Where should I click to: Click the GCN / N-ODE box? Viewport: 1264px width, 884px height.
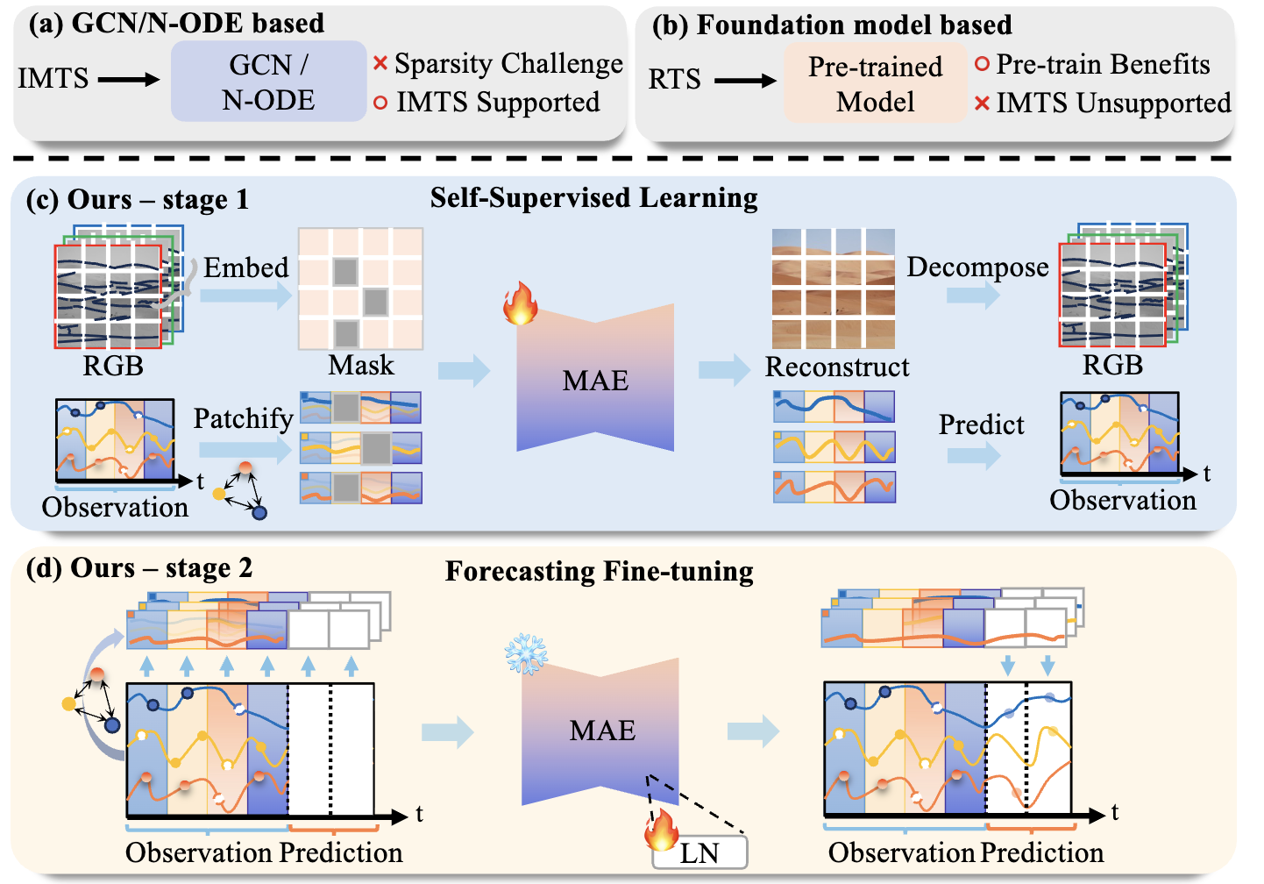[268, 82]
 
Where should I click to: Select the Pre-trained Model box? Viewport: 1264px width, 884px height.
[875, 83]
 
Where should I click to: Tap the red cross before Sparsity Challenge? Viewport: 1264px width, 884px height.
[380, 63]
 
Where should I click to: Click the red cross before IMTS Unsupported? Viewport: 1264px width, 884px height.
[982, 103]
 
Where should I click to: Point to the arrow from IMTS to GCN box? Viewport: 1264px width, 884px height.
[129, 80]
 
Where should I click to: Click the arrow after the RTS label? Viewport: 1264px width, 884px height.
[745, 81]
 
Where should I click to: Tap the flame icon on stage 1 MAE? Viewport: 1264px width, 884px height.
[521, 303]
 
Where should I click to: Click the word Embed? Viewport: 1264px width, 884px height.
[245, 267]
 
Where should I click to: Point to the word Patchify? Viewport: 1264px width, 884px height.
[243, 419]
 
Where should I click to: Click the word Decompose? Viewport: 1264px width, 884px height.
[977, 267]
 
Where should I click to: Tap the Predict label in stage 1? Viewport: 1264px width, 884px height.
[981, 424]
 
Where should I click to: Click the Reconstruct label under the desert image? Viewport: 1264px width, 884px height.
[837, 367]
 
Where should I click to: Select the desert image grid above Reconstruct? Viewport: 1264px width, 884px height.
[834, 289]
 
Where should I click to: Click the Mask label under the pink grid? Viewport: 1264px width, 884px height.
[361, 365]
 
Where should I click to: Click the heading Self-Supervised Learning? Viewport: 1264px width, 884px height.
[593, 198]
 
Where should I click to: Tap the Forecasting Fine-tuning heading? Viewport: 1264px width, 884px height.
[599, 572]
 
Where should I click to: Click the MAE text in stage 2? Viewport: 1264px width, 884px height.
[602, 731]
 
